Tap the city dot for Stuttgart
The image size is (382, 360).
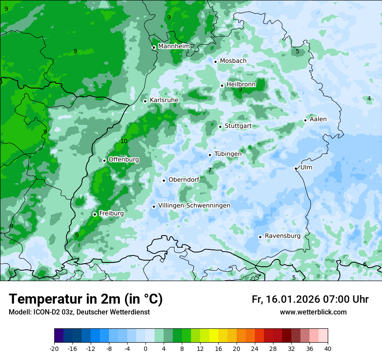pos(221,127)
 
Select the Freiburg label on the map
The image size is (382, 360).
pos(111,213)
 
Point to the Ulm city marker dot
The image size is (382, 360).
pos(296,168)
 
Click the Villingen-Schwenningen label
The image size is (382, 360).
pos(194,206)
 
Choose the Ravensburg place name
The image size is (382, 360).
pos(282,236)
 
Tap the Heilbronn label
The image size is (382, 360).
pos(241,85)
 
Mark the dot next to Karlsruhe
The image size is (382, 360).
pos(145,101)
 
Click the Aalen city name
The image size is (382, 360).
pos(318,119)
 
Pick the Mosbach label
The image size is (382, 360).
pos(233,61)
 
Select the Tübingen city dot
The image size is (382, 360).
pos(210,155)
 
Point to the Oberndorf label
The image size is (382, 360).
pos(184,180)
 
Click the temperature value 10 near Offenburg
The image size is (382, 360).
pos(124,141)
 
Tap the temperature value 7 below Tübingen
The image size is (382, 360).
pos(210,170)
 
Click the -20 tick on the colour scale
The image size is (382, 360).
pos(54,348)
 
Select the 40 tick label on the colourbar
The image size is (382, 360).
pos(328,348)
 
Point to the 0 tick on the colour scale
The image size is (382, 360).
pos(145,348)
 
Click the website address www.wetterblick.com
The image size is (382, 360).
pos(313,312)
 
